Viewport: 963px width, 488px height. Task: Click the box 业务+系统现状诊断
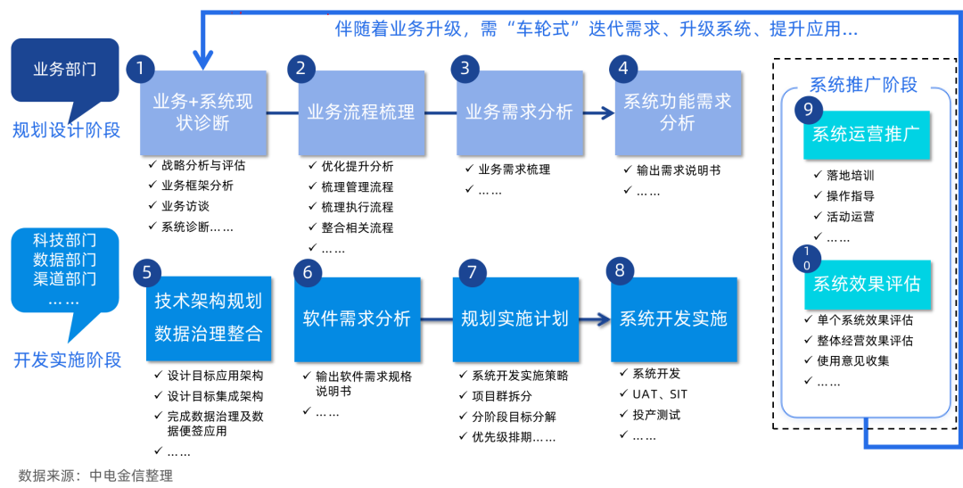tap(203, 112)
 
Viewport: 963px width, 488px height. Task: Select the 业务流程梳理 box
tap(360, 112)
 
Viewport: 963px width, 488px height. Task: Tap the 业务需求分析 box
tap(519, 112)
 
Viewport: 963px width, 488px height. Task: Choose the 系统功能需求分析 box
tap(677, 112)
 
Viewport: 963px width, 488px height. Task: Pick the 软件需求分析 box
tap(357, 318)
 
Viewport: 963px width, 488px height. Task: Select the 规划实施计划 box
tap(514, 318)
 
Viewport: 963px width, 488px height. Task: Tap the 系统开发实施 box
tap(673, 318)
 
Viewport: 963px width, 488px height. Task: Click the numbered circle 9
tap(808, 110)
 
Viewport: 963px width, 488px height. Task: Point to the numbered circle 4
tap(622, 69)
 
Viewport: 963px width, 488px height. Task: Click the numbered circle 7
tap(472, 272)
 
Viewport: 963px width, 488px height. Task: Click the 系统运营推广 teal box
tap(866, 135)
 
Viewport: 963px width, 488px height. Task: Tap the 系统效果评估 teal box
tap(866, 284)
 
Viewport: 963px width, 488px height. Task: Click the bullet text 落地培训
tap(850, 176)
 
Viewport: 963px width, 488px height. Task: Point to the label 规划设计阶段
tap(66, 130)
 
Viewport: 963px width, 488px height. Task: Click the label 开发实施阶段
tap(67, 360)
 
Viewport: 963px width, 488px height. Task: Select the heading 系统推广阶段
tap(863, 85)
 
